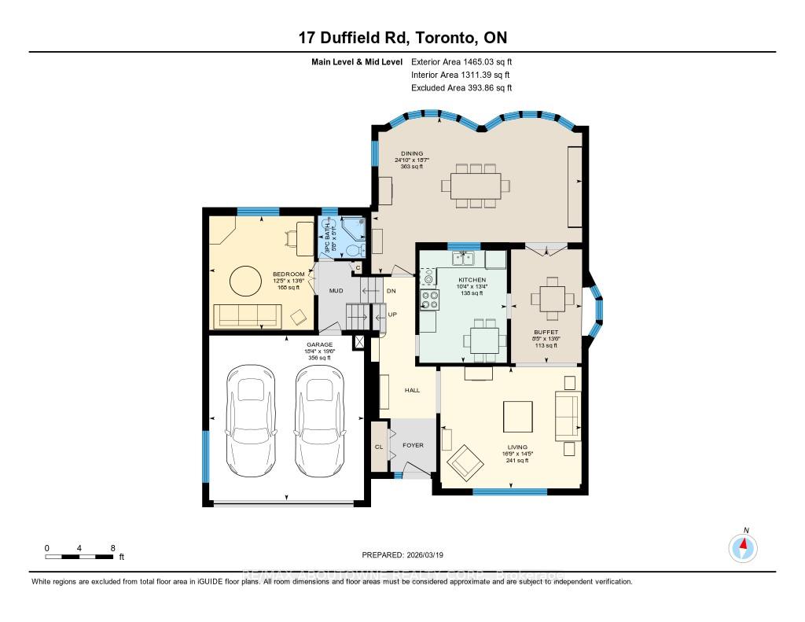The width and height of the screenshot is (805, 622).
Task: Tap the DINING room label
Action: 412,153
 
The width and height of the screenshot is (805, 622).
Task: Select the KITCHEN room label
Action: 472,280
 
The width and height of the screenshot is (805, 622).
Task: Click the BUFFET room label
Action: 545,333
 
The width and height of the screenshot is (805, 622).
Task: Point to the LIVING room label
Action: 516,447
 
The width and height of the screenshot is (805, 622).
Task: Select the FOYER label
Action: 413,445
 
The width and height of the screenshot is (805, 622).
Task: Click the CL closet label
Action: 379,447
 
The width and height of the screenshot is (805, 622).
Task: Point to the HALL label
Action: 412,390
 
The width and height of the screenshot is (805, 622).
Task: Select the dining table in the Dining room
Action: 475,186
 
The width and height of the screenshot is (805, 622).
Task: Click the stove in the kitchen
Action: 429,299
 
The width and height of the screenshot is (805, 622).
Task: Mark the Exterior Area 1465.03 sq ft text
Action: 461,61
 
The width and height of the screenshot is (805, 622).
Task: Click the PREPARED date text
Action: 402,555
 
